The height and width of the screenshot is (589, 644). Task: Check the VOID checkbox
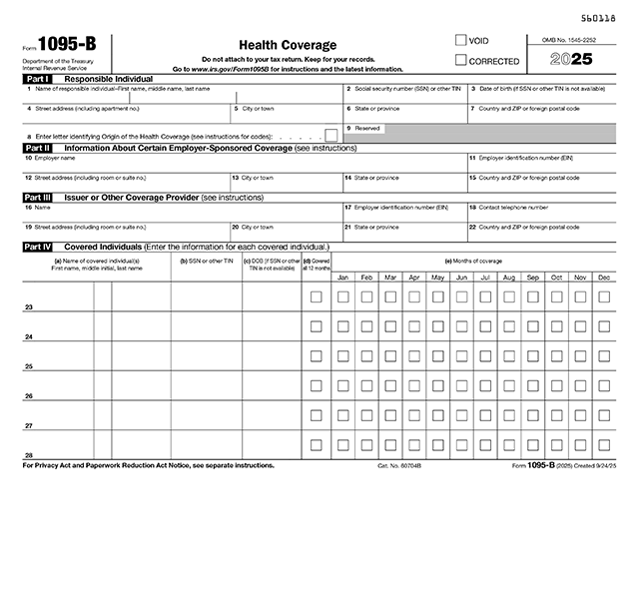tap(460, 41)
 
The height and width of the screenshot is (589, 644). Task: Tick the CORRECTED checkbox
tap(460, 60)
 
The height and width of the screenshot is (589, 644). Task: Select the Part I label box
tap(36, 78)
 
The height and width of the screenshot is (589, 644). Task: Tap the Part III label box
tap(37, 198)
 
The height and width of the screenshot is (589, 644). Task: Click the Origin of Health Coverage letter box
tap(330, 135)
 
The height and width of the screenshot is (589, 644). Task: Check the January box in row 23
tap(342, 296)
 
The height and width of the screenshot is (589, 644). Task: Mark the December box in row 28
tap(604, 444)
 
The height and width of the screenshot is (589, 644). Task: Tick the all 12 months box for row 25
tap(316, 355)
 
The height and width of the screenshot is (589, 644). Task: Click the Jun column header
tap(461, 277)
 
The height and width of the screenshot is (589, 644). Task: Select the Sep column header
tap(532, 277)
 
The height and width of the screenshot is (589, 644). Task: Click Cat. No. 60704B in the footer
tap(399, 466)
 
